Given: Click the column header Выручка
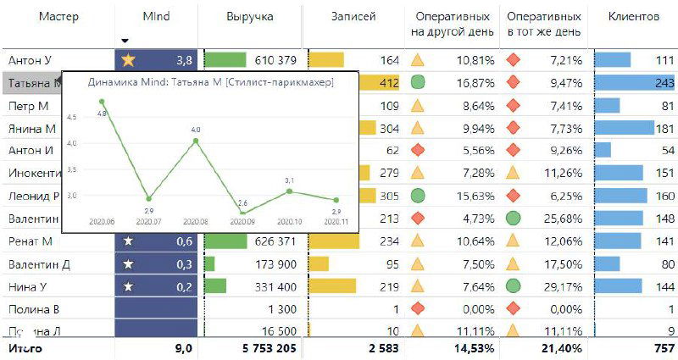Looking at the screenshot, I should pyautogui.click(x=250, y=17).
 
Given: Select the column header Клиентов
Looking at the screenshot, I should pyautogui.click(x=633, y=17).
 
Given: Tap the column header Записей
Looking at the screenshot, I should pyautogui.click(x=353, y=17).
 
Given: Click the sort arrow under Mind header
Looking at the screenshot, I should pyautogui.click(x=125, y=41).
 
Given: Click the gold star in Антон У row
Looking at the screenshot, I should pyautogui.click(x=128, y=60).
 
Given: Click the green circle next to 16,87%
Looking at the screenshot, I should pyautogui.click(x=417, y=83).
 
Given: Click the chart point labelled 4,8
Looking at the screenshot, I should pyautogui.click(x=102, y=102).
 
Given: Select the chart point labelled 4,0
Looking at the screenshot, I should pyautogui.click(x=196, y=140).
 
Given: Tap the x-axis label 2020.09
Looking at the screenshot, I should pyautogui.click(x=242, y=223).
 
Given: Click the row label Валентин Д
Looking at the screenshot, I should pyautogui.click(x=39, y=264).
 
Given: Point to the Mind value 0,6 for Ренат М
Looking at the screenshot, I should pyautogui.click(x=182, y=241).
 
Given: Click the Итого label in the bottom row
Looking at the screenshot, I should pyautogui.click(x=25, y=348).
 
